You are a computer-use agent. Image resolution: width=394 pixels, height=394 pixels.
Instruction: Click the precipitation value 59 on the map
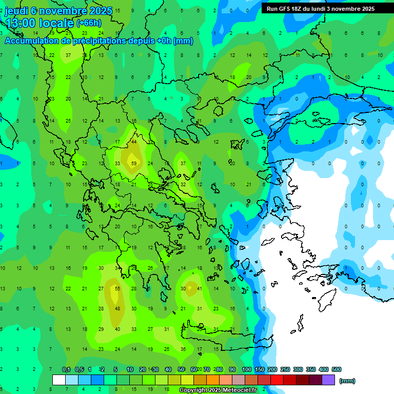click(x=134, y=164)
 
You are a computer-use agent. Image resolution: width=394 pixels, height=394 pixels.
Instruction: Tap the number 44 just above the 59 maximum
click(x=134, y=142)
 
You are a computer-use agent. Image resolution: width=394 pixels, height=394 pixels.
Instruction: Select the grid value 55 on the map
click(x=117, y=289)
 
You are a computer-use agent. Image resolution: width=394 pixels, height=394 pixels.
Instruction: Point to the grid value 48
click(x=117, y=309)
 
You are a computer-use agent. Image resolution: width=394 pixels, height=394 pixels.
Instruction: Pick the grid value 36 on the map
click(x=183, y=349)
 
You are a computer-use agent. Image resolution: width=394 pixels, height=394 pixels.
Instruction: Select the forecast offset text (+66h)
click(x=89, y=23)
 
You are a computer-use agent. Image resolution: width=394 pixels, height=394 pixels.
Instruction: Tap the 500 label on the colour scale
click(x=336, y=369)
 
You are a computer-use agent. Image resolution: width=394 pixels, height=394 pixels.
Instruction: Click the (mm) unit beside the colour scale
click(x=347, y=381)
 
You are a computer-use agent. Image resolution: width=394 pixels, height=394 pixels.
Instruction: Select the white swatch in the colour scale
click(x=59, y=380)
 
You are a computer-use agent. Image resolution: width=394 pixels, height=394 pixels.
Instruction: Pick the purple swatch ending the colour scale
click(x=328, y=380)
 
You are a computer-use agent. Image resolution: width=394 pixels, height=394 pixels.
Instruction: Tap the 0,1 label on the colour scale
click(x=66, y=369)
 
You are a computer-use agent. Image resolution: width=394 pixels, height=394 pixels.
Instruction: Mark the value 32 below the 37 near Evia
click(x=183, y=185)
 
